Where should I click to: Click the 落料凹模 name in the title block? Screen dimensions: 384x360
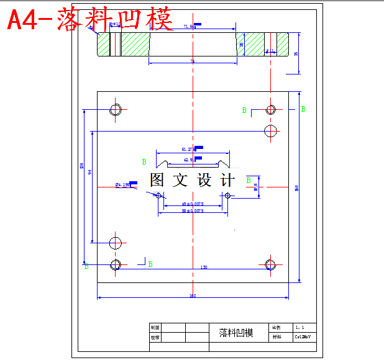tap(237, 333)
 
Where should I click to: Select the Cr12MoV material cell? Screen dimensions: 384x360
tap(302, 337)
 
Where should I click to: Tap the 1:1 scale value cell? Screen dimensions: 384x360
tap(299, 326)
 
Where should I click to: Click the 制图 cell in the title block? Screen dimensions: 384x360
tap(155, 327)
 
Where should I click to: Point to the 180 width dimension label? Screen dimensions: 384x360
tap(193, 295)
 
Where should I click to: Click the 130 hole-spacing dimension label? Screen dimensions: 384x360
tap(204, 268)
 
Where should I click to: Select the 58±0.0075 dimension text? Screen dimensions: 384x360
tap(193, 211)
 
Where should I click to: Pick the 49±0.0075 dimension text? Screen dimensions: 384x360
tap(193, 204)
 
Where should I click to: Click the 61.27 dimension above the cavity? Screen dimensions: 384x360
tap(188, 150)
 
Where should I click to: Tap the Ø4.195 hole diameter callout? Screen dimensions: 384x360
tap(122, 185)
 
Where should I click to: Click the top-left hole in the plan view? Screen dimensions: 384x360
tap(116, 110)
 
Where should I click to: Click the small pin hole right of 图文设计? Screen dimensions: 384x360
tap(228, 196)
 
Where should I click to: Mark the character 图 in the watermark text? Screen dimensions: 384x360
tap(157, 181)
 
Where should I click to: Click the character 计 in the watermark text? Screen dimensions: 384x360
tap(228, 181)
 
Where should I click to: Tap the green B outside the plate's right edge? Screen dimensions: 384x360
tap(303, 109)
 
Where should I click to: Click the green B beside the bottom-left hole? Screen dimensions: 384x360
tap(150, 264)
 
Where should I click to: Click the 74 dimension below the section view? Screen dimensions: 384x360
tap(193, 61)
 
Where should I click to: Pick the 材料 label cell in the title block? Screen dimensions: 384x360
tap(277, 337)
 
